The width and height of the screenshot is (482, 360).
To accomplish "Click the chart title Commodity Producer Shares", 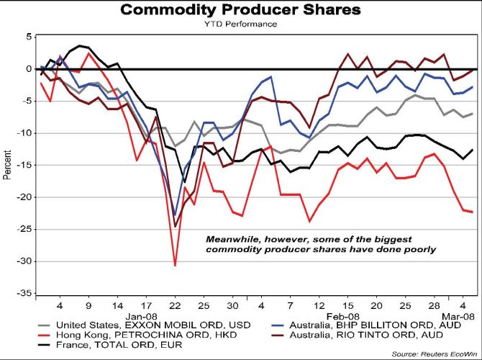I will click(240, 10).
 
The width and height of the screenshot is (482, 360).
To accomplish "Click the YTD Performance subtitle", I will click(240, 24).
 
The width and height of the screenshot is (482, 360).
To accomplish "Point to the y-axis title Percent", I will click(8, 165).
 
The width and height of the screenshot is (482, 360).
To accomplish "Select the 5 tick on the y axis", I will click(29, 36).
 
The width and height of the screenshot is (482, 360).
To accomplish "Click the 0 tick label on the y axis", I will click(29, 68).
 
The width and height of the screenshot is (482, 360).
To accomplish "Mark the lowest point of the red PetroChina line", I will click(175, 266).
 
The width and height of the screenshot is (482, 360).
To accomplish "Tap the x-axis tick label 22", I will click(174, 305).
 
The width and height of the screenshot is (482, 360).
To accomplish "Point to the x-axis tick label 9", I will click(88, 305).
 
